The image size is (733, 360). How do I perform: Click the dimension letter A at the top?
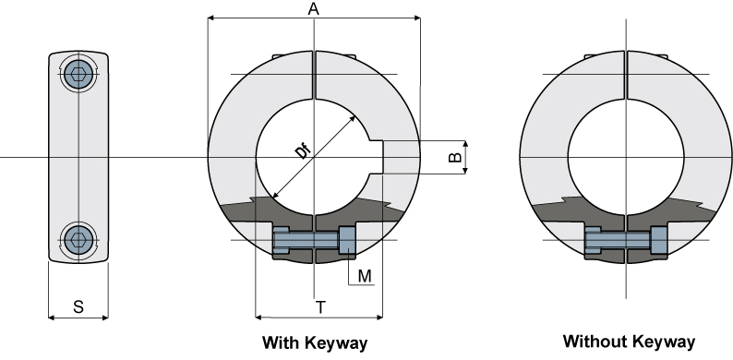[314, 8]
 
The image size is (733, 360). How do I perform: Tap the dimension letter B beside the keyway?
[454, 158]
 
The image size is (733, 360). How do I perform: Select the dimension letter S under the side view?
[78, 306]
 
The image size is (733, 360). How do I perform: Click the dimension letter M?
[365, 275]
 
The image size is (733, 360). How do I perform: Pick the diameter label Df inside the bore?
[304, 150]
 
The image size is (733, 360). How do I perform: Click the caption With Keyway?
[315, 343]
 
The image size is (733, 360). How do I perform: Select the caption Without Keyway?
[629, 342]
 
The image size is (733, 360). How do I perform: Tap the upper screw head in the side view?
[78, 74]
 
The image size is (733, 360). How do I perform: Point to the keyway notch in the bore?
[376, 157]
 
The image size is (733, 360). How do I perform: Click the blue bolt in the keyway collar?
[314, 241]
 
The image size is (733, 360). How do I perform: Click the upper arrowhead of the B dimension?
[466, 145]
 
